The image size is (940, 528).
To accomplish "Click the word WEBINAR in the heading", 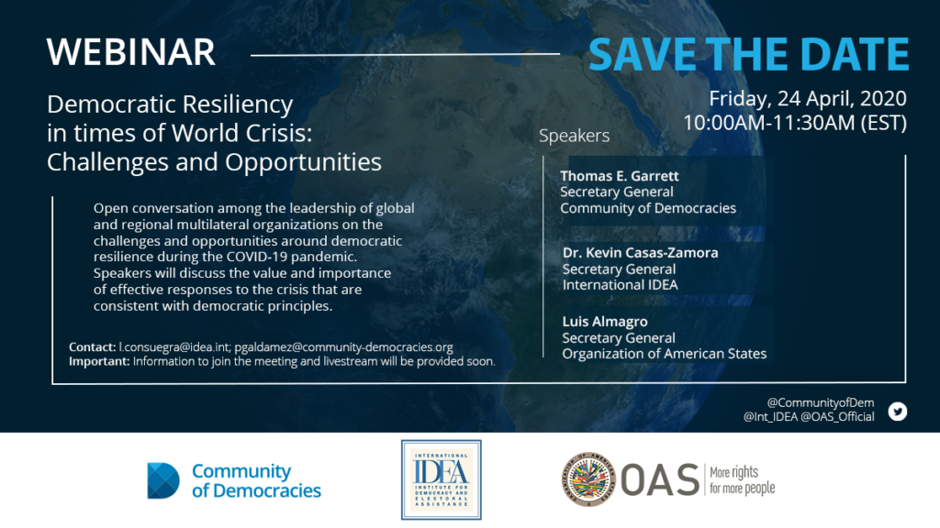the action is point(130,52).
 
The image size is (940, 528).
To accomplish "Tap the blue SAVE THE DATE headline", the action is point(749,54).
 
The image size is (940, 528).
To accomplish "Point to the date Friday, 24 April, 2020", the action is point(808,99).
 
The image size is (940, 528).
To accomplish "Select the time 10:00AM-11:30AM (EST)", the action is point(795,123).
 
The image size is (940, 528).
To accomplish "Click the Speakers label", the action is point(575,136).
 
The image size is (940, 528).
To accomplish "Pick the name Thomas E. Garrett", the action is point(620,176).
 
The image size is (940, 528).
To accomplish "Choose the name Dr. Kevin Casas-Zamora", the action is point(640,253).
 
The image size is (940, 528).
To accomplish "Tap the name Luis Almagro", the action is point(605,322).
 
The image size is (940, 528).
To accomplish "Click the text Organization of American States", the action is point(665,354).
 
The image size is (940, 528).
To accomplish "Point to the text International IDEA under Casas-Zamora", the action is point(620,285).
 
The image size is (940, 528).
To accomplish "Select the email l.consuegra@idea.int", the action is point(173,347).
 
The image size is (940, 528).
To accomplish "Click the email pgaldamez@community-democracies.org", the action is point(343,347).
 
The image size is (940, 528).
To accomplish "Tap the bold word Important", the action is point(97,361).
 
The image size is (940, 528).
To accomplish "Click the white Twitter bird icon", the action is point(898,412).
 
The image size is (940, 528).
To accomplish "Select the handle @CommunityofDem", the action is point(820,403).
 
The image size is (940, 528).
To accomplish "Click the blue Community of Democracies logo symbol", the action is point(163,480).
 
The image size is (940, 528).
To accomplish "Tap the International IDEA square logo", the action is point(442,480).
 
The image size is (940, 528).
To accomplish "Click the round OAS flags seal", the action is point(588,479).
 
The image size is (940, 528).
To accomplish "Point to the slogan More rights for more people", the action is point(742,480).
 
